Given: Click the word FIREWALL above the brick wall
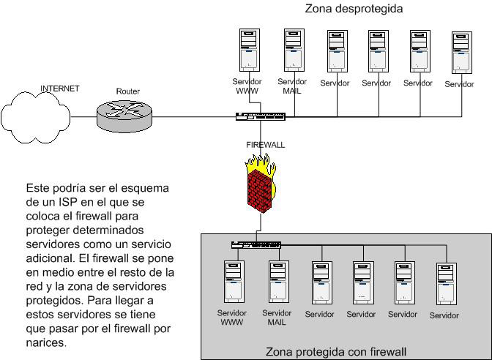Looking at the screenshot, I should [x=265, y=145].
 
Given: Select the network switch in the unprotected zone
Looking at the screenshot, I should [x=260, y=116].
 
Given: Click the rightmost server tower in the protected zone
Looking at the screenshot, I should [x=445, y=285].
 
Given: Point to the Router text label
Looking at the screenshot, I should [x=127, y=91].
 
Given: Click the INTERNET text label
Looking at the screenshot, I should [x=59, y=89].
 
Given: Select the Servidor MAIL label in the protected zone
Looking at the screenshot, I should [x=276, y=318].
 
